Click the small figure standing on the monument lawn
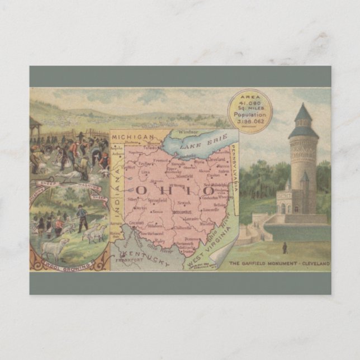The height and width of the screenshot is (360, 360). coord(285,247)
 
